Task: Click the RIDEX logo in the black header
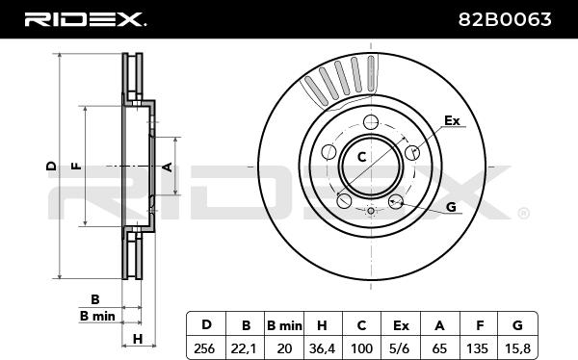(x=85, y=19)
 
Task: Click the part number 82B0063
(x=505, y=19)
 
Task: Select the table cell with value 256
(x=206, y=347)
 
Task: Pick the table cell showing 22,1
(x=245, y=347)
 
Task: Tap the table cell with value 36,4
(x=323, y=347)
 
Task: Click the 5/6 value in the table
(x=401, y=347)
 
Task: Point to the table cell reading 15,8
(x=517, y=347)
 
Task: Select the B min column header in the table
(x=284, y=325)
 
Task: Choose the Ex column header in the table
(x=401, y=325)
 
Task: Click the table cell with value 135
(x=479, y=347)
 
